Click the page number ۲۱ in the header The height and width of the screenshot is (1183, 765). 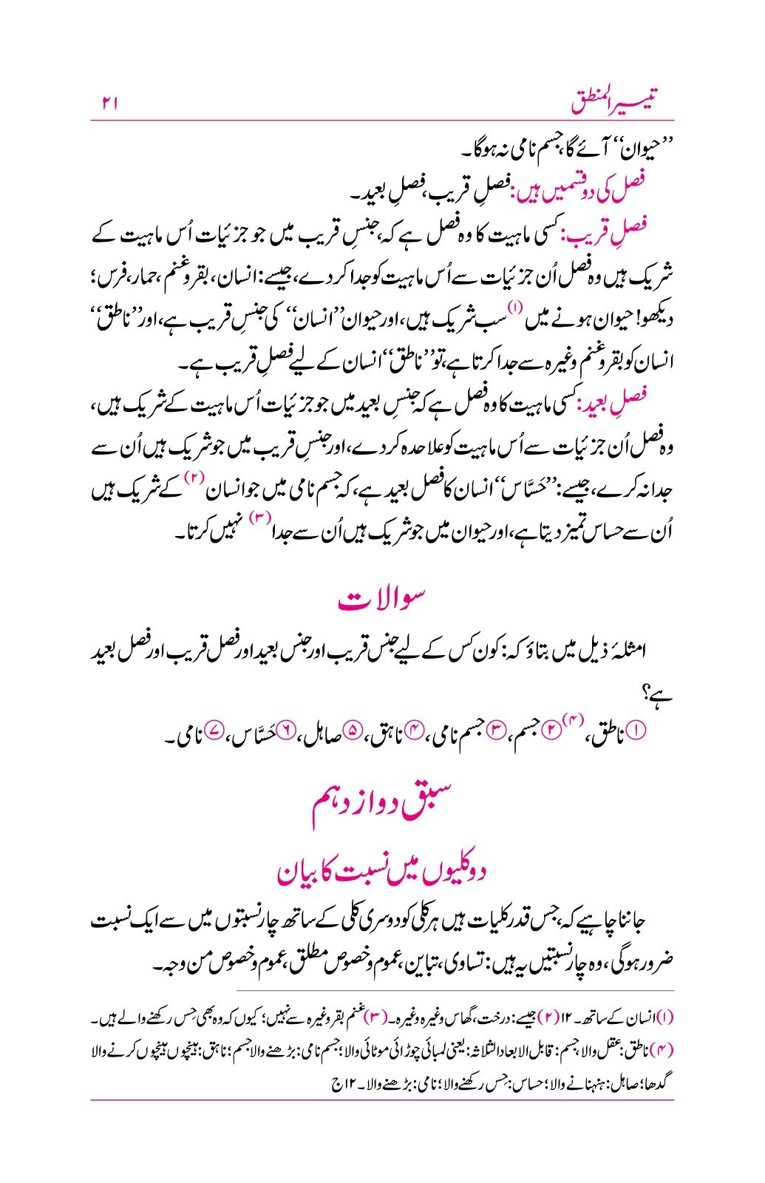click(x=109, y=104)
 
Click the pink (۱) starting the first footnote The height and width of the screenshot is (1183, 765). click(x=665, y=1018)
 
